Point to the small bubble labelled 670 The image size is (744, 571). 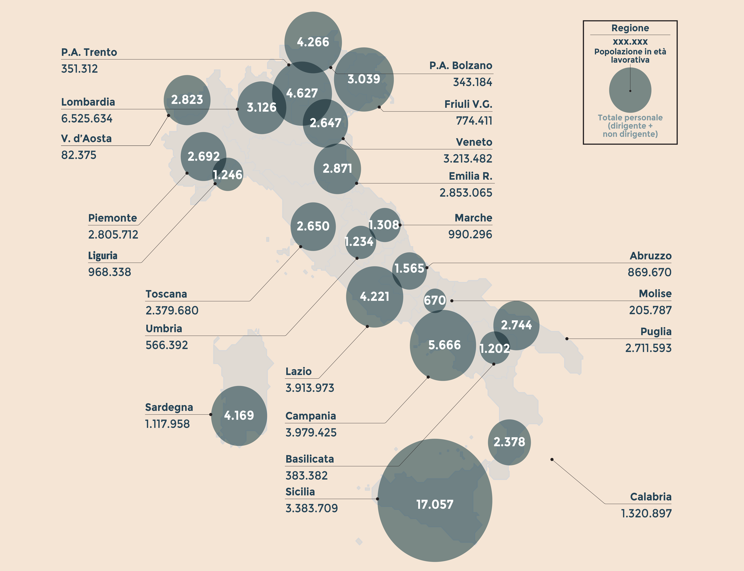pyautogui.click(x=435, y=300)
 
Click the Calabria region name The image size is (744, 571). pyautogui.click(x=650, y=497)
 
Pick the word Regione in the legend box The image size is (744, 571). pyautogui.click(x=630, y=28)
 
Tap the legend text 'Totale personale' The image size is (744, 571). pyautogui.click(x=630, y=118)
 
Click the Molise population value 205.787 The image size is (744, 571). pyautogui.click(x=650, y=310)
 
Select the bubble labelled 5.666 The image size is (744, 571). pyautogui.click(x=444, y=345)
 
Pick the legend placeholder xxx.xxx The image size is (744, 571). pyautogui.click(x=630, y=42)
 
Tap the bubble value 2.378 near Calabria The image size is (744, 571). pyautogui.click(x=509, y=442)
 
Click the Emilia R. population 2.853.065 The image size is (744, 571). pyautogui.click(x=466, y=193)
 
